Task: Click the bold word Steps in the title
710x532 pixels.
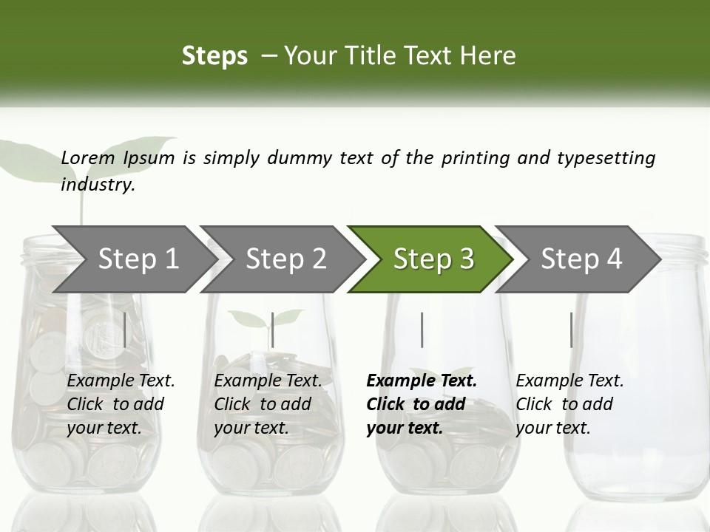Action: (x=214, y=56)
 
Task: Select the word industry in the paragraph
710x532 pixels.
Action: (x=97, y=185)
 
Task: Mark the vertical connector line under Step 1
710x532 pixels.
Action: (x=125, y=330)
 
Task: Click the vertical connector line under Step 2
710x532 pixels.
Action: (x=273, y=330)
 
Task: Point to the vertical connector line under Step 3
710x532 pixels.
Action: (x=422, y=330)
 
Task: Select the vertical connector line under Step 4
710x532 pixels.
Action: (x=571, y=330)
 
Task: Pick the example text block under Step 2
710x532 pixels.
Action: (x=267, y=404)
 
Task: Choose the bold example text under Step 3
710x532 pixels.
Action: (x=421, y=404)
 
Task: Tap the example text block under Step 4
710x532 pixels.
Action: (x=569, y=404)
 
